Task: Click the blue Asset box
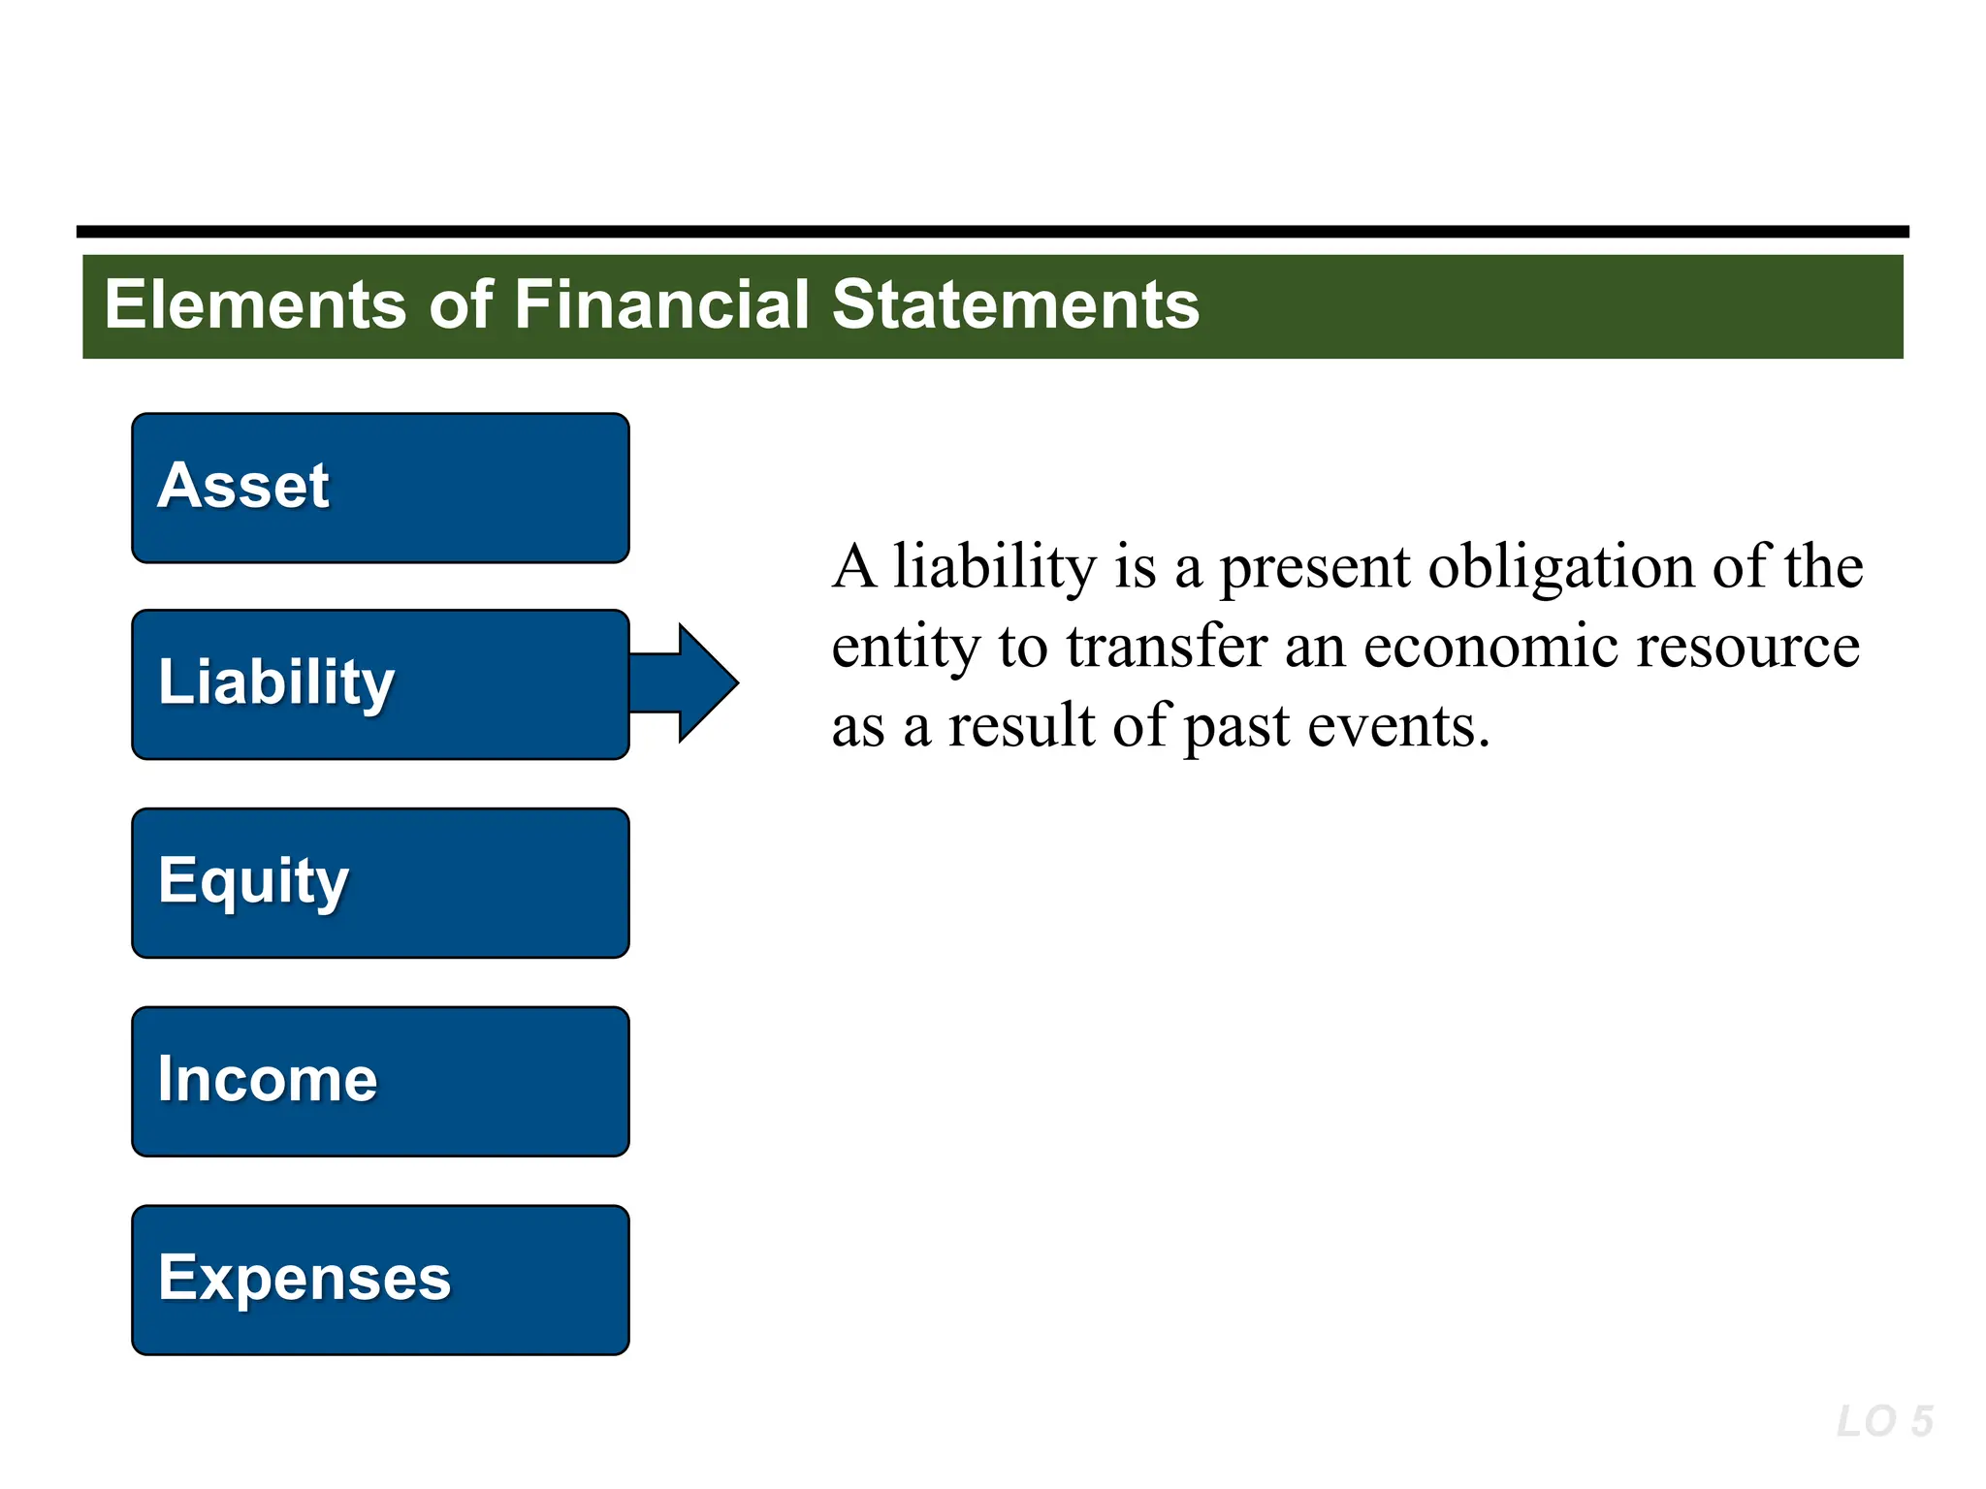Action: (x=380, y=488)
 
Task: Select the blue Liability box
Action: (x=380, y=684)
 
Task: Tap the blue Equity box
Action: (x=380, y=883)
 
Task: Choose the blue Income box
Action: (x=380, y=1081)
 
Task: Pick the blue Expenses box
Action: (x=380, y=1280)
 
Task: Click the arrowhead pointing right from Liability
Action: (x=706, y=682)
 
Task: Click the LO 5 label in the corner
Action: (x=1884, y=1422)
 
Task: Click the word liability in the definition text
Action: (x=995, y=566)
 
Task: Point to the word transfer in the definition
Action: (x=1167, y=647)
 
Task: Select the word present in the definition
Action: (x=1314, y=566)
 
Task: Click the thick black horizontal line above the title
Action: (x=993, y=232)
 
